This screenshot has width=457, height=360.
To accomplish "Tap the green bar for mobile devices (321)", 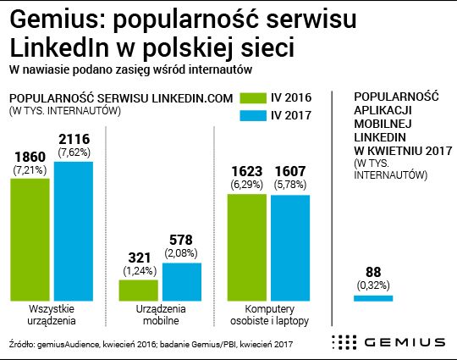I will (x=139, y=291).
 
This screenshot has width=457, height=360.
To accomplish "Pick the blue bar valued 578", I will (x=182, y=282).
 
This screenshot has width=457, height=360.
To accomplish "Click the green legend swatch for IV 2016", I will (x=251, y=97).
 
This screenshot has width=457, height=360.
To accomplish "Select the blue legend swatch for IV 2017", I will (x=251, y=116).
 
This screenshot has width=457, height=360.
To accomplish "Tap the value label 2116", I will (x=74, y=138).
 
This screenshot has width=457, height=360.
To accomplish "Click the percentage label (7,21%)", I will (x=30, y=170).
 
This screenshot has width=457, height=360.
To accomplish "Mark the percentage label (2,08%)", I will (x=182, y=253).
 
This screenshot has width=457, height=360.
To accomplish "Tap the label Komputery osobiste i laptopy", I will (x=269, y=315).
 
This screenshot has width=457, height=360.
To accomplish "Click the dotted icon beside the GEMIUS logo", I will (x=344, y=342).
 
